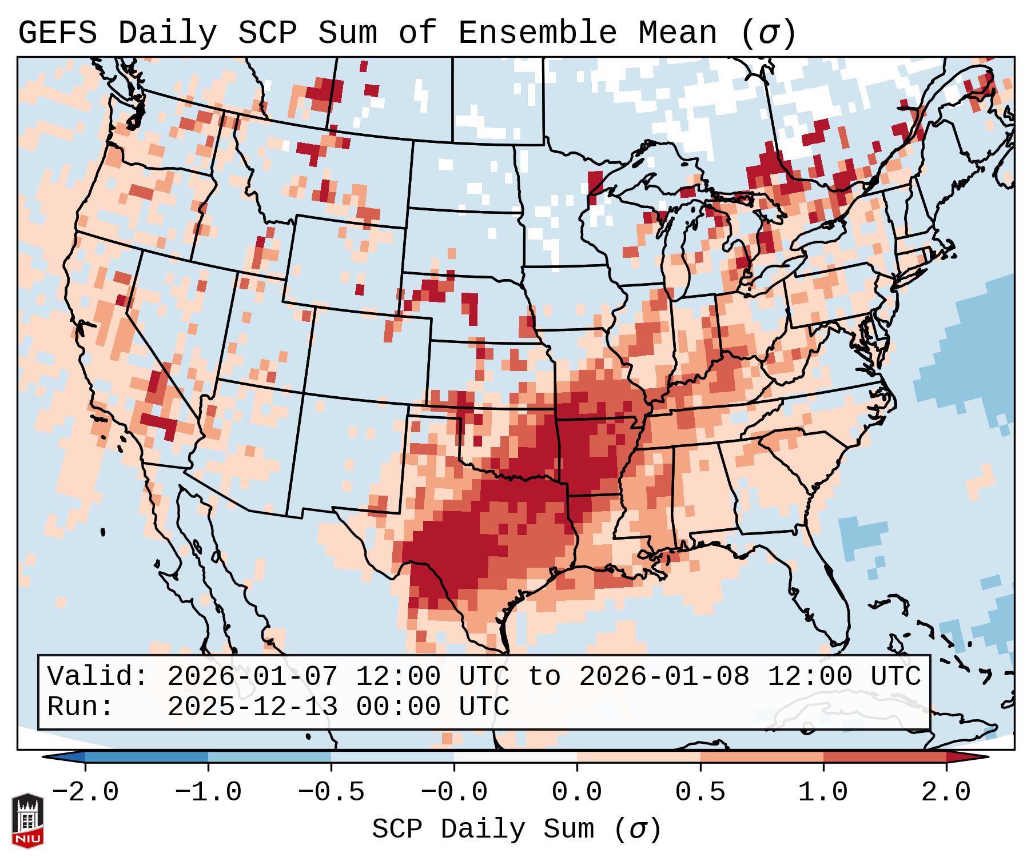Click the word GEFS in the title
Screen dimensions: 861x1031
[x=57, y=33]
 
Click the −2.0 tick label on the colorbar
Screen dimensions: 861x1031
[x=85, y=793]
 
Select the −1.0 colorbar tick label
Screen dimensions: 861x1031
[x=208, y=793]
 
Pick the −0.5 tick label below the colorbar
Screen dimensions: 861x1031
[x=331, y=793]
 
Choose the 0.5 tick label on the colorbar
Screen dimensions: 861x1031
[x=700, y=793]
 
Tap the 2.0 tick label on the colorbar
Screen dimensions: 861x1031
[x=946, y=793]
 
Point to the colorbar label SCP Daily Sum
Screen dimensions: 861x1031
[x=483, y=830]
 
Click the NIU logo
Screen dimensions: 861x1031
[x=27, y=821]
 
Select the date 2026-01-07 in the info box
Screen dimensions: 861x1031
[x=252, y=677]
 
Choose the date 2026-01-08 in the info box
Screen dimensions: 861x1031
[x=664, y=677]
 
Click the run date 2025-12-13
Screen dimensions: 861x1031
[x=252, y=707]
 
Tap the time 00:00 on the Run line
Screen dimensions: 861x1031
[x=399, y=707]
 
